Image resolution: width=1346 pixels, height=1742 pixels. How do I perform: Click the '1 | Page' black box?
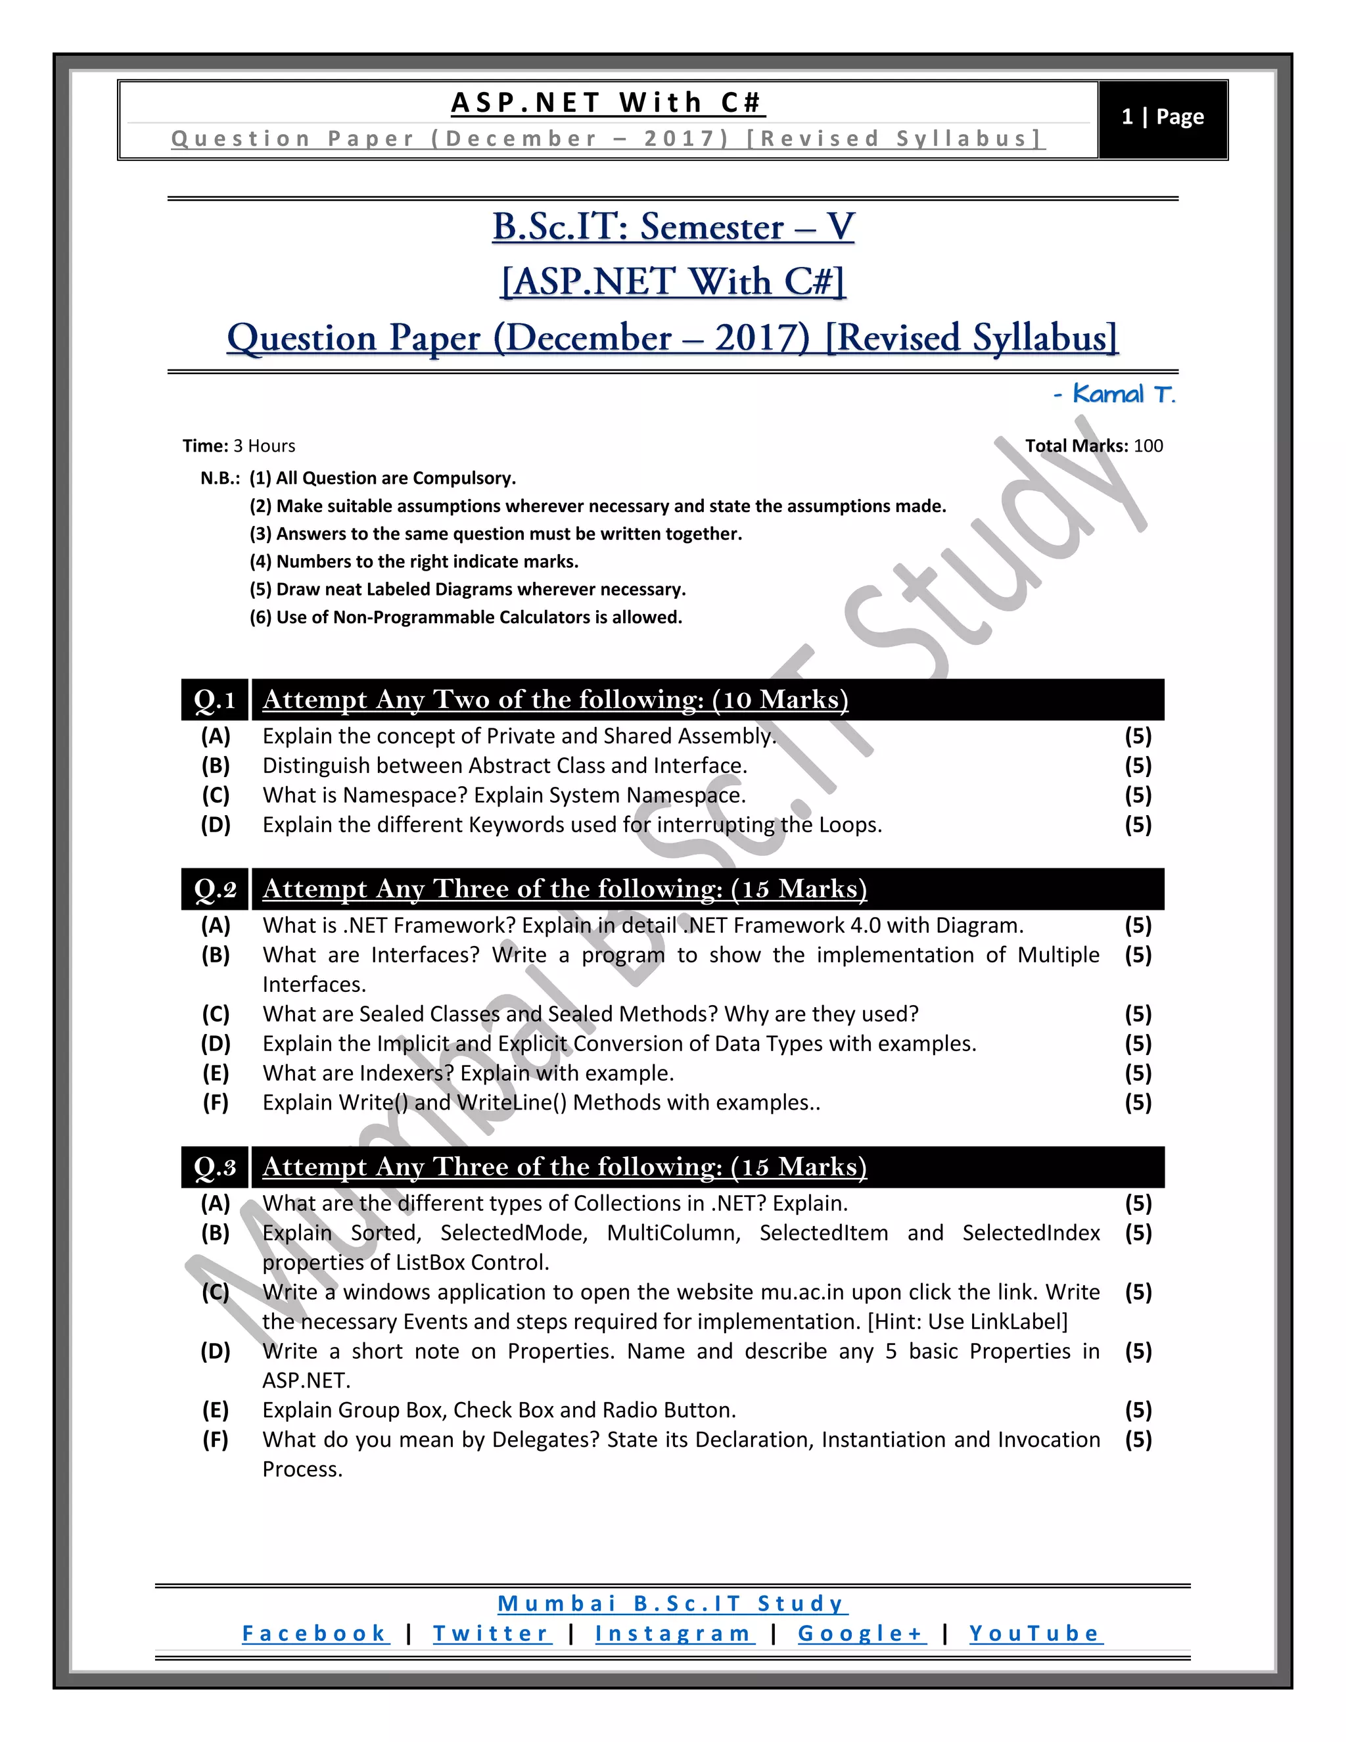tap(1162, 119)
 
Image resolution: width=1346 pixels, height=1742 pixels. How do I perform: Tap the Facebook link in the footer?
tap(315, 1634)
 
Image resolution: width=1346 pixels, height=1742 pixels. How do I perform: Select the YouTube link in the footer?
tap(1035, 1634)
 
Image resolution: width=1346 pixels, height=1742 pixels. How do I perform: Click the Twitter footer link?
tap(491, 1634)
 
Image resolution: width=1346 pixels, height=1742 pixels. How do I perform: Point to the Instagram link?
tap(674, 1634)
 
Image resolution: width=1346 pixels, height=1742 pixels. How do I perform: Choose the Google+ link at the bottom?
tap(861, 1634)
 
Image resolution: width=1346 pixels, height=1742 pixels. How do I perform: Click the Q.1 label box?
tap(214, 699)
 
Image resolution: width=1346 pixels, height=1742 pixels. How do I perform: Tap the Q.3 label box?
tap(214, 1167)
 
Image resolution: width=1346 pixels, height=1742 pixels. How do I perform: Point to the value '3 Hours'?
tap(264, 446)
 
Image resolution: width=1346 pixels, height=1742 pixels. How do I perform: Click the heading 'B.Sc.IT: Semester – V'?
tap(673, 227)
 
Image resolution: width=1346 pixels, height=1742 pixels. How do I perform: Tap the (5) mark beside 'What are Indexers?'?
tap(1138, 1073)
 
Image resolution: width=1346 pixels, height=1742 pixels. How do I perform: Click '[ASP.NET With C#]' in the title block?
tap(673, 283)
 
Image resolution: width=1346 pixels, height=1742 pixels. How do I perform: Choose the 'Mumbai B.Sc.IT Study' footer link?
tap(672, 1603)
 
